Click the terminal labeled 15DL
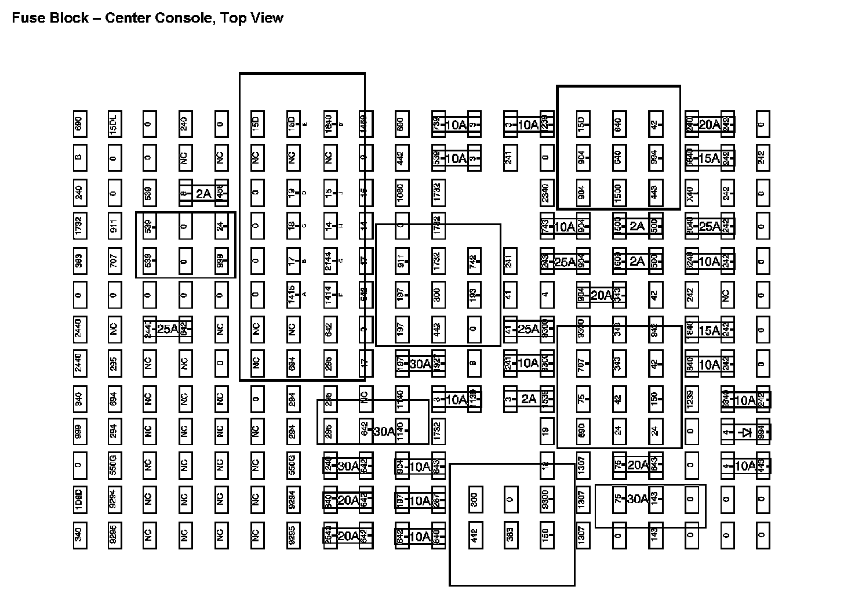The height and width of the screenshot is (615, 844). point(114,124)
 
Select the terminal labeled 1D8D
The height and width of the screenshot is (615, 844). point(78,500)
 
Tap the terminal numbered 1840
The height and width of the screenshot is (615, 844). point(328,124)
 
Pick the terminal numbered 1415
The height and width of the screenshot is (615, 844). point(292,295)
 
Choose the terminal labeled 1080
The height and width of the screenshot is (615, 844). point(401,192)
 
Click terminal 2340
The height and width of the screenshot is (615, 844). point(545,192)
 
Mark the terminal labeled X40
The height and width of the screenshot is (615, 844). point(690,192)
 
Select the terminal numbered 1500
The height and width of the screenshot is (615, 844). point(618,192)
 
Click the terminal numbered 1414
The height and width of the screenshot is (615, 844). point(328,295)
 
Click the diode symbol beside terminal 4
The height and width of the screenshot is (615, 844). point(747,432)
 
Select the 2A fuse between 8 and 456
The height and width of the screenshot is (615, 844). point(203,193)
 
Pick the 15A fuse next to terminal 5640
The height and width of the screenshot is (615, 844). point(708,158)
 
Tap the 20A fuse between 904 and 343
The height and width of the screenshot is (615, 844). point(601,295)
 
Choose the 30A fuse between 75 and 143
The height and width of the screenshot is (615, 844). point(636,499)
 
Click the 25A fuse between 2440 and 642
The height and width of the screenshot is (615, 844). point(167,329)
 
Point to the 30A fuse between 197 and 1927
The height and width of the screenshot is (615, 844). point(420,364)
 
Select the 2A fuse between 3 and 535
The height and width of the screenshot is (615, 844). point(528,399)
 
